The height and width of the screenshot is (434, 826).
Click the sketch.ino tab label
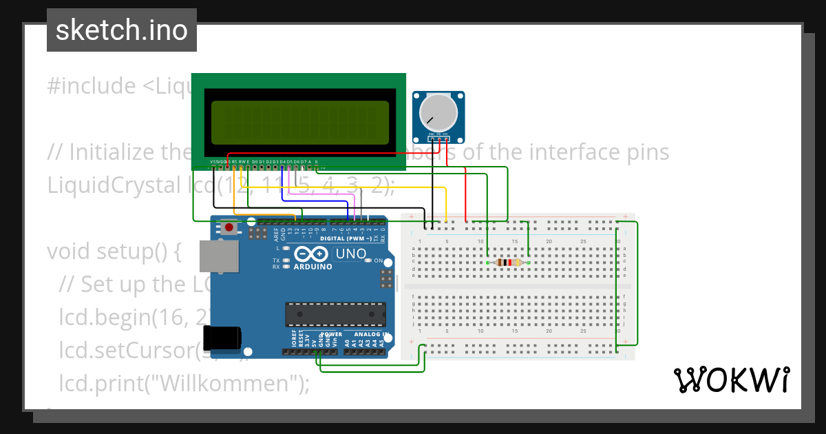click(121, 30)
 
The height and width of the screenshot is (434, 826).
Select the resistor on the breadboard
click(507, 262)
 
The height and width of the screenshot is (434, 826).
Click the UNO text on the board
click(350, 254)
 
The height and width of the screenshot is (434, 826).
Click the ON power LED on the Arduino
click(368, 260)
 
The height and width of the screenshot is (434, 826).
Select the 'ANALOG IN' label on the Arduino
click(366, 334)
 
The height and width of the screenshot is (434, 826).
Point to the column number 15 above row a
click(515, 241)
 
